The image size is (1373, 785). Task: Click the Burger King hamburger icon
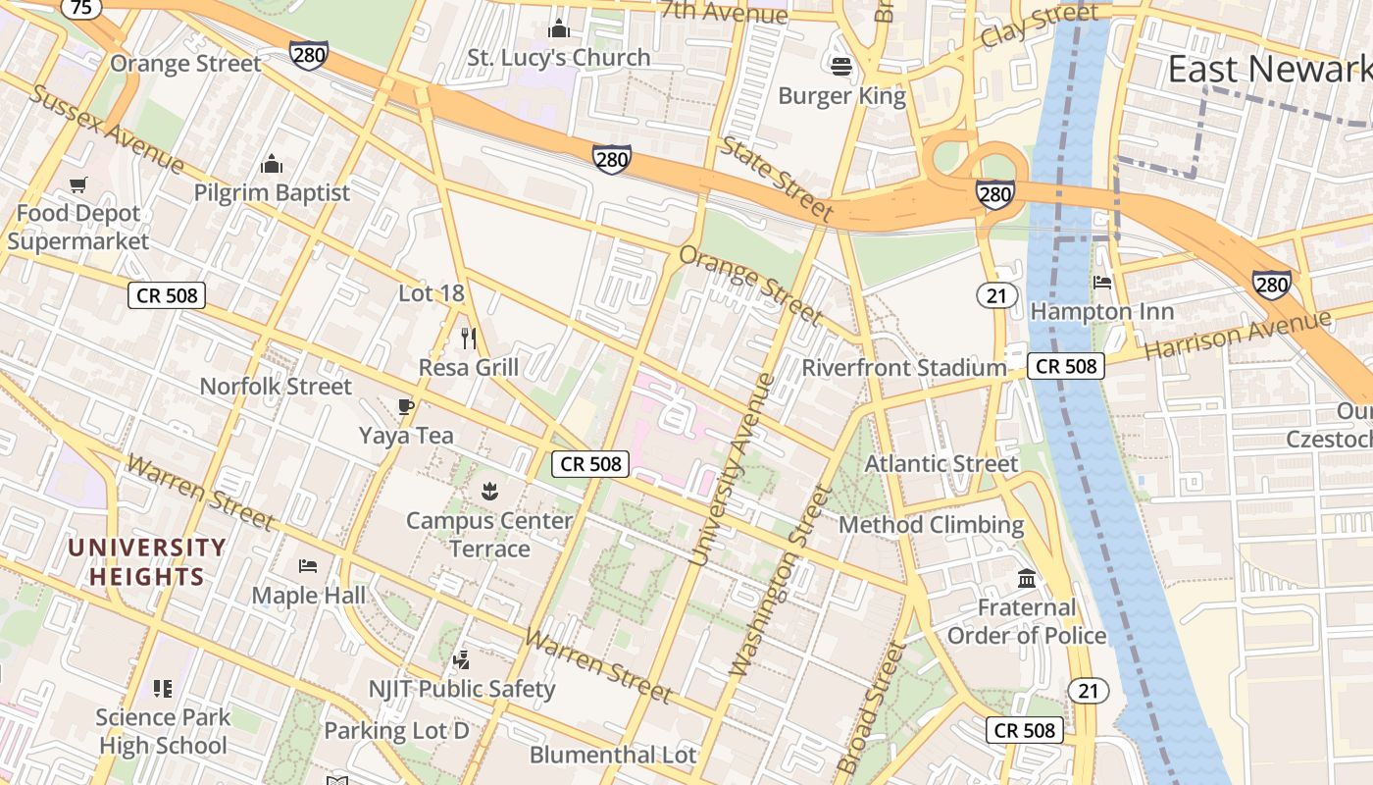(841, 67)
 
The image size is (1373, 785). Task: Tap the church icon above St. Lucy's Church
(559, 28)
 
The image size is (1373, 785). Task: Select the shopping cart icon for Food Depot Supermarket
(78, 184)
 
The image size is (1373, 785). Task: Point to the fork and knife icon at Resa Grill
(469, 339)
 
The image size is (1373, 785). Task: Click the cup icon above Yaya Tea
(406, 406)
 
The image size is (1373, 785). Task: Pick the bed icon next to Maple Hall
(308, 566)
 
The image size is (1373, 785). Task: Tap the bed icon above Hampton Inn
(1102, 283)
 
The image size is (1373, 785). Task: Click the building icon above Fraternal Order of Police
(1027, 579)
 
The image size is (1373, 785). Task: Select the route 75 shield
(81, 8)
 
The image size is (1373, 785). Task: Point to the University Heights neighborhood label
(147, 561)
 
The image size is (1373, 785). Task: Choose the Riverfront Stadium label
(904, 368)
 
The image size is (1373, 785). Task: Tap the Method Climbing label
(931, 525)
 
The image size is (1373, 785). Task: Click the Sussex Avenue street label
(106, 129)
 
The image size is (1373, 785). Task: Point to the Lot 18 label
(432, 293)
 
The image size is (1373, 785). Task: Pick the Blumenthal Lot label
(613, 755)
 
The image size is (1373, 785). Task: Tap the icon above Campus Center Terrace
(489, 490)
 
